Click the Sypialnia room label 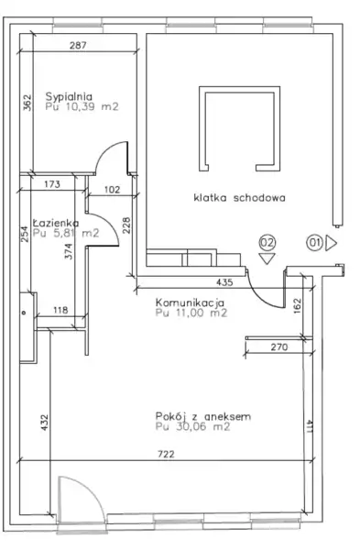point(69,96)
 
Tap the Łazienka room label point(56,223)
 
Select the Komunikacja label point(190,302)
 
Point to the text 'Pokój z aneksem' point(203,416)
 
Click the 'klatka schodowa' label point(239,197)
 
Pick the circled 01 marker point(314,243)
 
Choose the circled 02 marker point(267,242)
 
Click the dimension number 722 point(166,455)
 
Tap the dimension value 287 point(78,45)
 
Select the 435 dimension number point(224,282)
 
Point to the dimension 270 point(279,346)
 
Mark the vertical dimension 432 point(45,423)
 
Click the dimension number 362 point(27,103)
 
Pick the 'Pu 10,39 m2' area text point(82,106)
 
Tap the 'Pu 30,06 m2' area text point(192,427)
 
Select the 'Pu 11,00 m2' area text point(191,313)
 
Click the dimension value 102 point(112,190)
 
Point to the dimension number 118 point(60,310)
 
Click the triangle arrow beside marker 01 point(331,243)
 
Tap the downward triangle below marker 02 point(267,258)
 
